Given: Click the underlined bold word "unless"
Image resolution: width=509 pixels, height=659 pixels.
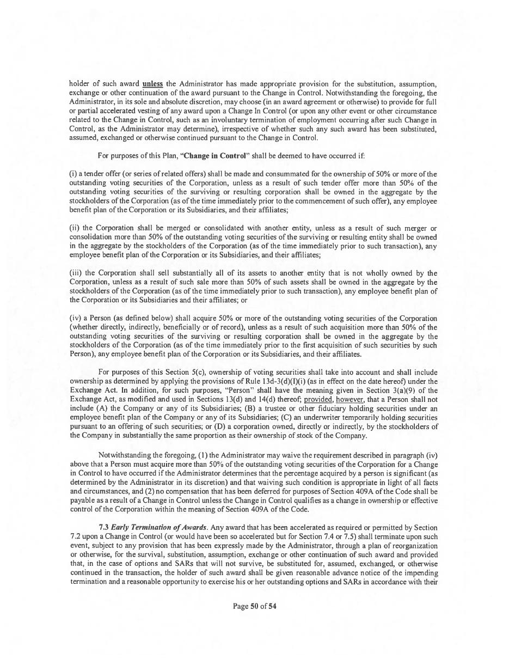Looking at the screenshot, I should tap(152, 84).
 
